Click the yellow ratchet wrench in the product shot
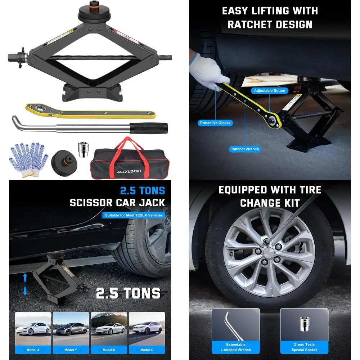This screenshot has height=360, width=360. pyautogui.click(x=90, y=111)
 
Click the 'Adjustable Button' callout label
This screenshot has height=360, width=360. pyautogui.click(x=270, y=91)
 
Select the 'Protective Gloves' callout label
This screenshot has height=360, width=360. pyautogui.click(x=215, y=123)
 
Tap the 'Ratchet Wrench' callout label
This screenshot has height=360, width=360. pyautogui.click(x=245, y=149)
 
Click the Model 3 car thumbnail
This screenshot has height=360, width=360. pyautogui.click(x=33, y=329)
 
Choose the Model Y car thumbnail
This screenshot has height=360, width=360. pyautogui.click(x=71, y=329)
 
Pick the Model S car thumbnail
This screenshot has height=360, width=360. pyautogui.click(x=109, y=329)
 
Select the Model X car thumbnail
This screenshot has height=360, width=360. pyautogui.click(x=147, y=329)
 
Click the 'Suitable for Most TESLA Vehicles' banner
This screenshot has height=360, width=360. pyautogui.click(x=134, y=215)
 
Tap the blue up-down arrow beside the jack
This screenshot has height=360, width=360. pyautogui.click(x=25, y=284)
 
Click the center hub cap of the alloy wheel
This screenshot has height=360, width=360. pyautogui.click(x=269, y=251)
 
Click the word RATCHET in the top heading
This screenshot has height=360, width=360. pyautogui.click(x=250, y=24)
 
